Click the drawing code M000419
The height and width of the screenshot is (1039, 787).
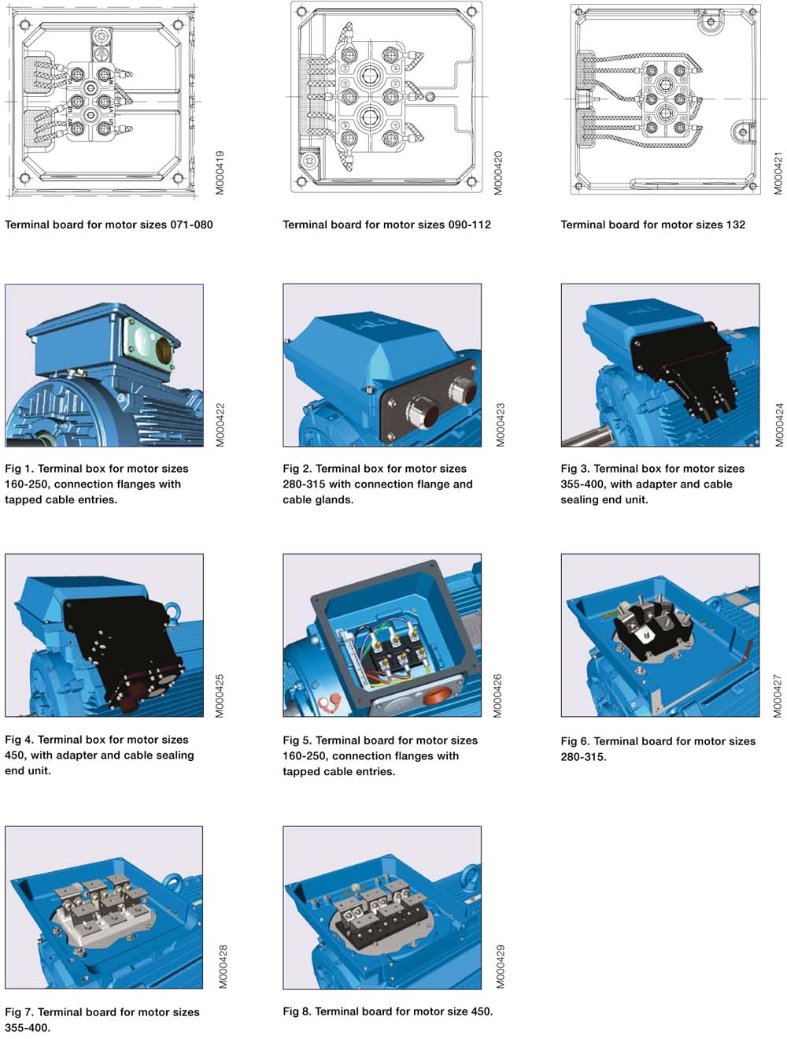click(220, 173)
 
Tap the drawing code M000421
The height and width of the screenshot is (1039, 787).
click(778, 173)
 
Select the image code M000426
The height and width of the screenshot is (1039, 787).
click(497, 696)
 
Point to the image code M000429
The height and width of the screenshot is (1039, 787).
click(501, 967)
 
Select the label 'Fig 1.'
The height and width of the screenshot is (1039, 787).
click(19, 469)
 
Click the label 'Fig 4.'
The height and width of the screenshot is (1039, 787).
click(19, 740)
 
